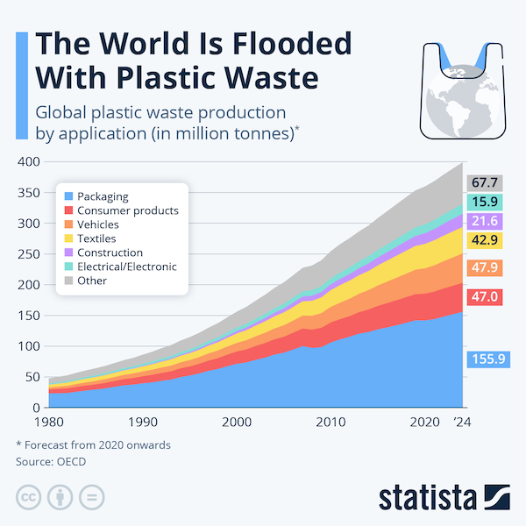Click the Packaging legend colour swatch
pyautogui.click(x=68, y=196)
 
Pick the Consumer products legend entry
pyautogui.click(x=127, y=210)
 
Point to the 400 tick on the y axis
pyautogui.click(x=29, y=162)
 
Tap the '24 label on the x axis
pyautogui.click(x=461, y=422)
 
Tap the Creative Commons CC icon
pyautogui.click(x=28, y=496)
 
